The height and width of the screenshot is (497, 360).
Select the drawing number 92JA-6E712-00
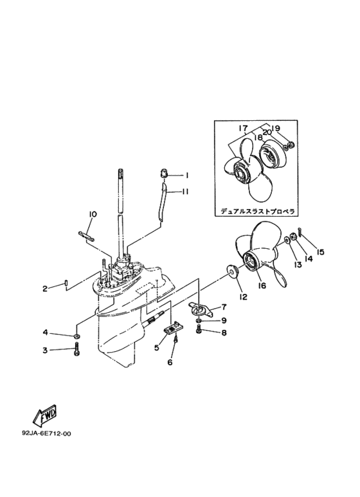[x=46, y=433]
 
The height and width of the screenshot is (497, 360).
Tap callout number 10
[x=93, y=214]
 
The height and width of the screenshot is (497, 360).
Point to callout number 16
[x=262, y=285]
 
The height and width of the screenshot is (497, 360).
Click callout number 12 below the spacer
[x=244, y=297]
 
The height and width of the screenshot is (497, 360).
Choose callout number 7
[x=224, y=307]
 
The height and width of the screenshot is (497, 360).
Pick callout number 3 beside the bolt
[x=45, y=350]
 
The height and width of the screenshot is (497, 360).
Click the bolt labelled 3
[x=76, y=350]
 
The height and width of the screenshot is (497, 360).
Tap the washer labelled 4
[x=76, y=336]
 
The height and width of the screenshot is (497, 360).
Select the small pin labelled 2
[x=66, y=282]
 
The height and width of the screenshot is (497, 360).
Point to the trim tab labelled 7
[x=201, y=309]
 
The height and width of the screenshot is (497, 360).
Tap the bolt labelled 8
[x=199, y=330]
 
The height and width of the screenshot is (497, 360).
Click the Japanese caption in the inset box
[x=258, y=211]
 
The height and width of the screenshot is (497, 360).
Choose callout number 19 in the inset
[x=275, y=129]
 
